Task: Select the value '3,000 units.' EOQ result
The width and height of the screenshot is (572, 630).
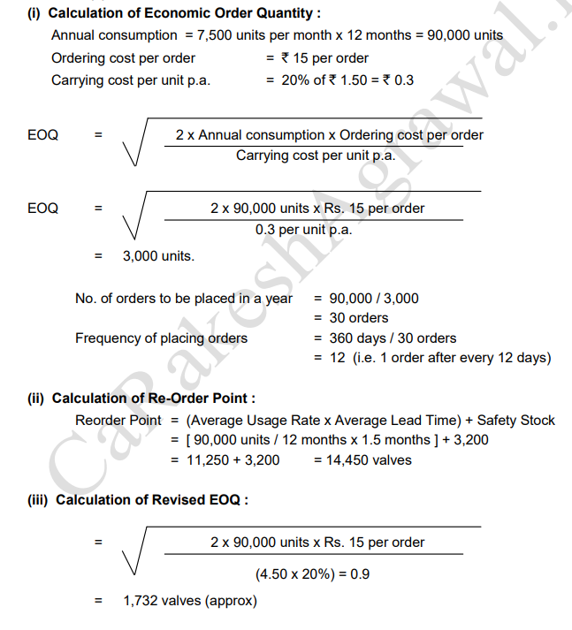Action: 158,256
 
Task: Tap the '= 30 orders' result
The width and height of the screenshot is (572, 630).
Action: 351,317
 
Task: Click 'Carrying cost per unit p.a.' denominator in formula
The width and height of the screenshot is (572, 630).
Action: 315,156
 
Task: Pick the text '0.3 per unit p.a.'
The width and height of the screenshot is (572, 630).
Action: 303,229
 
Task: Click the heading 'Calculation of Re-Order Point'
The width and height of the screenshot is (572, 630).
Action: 155,398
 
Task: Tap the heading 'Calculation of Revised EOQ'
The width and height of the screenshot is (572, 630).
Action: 151,500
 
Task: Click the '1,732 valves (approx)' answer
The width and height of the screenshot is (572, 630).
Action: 190,601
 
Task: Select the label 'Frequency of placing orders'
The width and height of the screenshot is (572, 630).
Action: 161,338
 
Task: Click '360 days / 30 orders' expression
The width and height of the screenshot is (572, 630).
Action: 392,338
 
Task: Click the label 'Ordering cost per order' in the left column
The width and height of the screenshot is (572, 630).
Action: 123,58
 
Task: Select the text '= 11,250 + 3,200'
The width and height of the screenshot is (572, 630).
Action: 225,459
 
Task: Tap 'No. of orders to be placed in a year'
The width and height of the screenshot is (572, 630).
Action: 184,298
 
